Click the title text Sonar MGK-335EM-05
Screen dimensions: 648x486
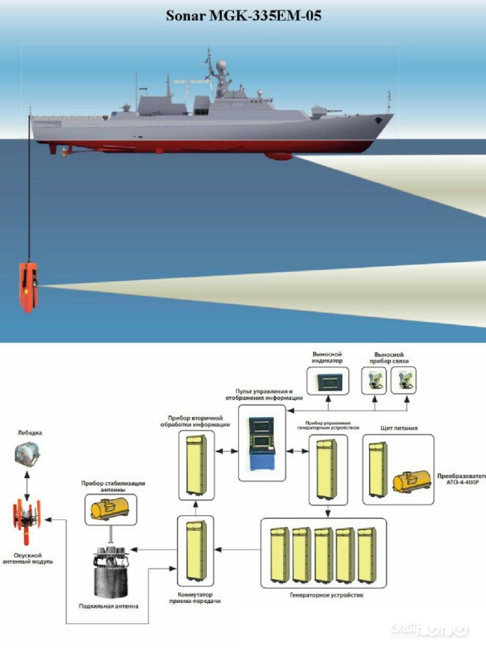pyautogui.click(x=243, y=16)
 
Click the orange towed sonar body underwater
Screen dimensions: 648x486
pyautogui.click(x=28, y=287)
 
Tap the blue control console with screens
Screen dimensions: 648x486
pyautogui.click(x=262, y=445)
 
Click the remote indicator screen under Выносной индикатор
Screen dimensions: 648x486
pyautogui.click(x=328, y=380)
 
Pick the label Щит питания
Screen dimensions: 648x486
pyautogui.click(x=399, y=428)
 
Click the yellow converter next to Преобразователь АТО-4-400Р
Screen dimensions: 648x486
pyautogui.click(x=408, y=482)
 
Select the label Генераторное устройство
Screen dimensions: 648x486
pyautogui.click(x=327, y=595)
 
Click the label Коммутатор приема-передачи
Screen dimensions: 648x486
pyautogui.click(x=194, y=598)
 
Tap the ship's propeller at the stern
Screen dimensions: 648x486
pyautogui.click(x=64, y=151)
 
